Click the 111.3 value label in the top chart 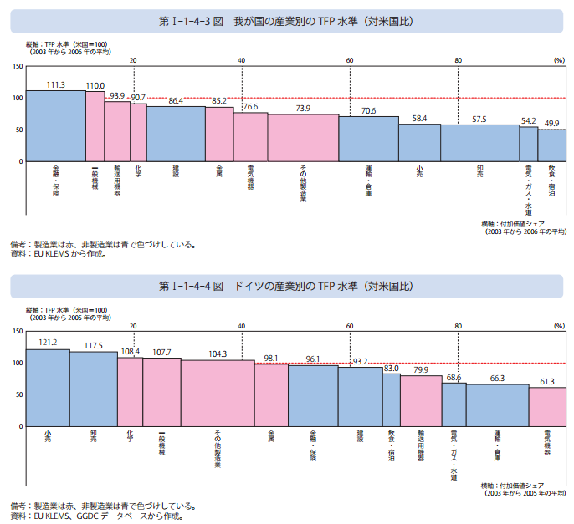[56, 84]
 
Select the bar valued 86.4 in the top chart [176, 134]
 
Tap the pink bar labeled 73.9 [303, 138]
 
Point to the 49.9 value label [552, 124]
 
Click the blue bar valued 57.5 [479, 143]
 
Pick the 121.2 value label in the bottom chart [48, 343]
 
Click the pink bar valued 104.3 [218, 393]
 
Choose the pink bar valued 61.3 [547, 407]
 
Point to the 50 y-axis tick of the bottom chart [19, 394]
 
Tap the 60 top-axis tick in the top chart [349, 60]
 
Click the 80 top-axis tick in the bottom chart [458, 326]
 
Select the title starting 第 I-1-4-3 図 [287, 20]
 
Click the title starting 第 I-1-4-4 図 [287, 286]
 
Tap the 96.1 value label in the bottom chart [313, 359]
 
